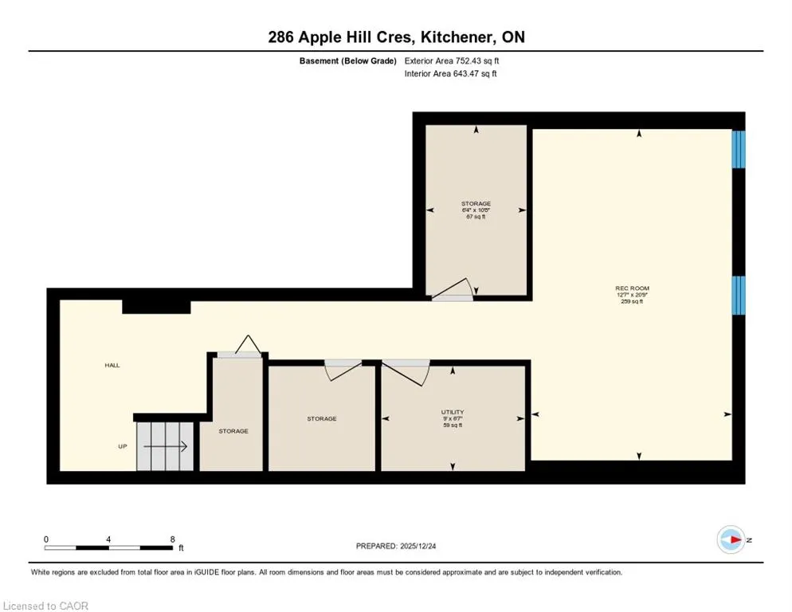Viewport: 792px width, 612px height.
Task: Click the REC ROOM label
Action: (x=632, y=288)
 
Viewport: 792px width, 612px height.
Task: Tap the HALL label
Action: (x=112, y=366)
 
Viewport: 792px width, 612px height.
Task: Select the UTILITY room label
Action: (x=453, y=412)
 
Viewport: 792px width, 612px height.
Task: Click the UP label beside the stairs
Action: (x=123, y=447)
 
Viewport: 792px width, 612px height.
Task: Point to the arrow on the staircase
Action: (x=165, y=447)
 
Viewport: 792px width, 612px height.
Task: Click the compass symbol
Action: (x=731, y=539)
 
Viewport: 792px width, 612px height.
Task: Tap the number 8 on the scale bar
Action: (x=173, y=539)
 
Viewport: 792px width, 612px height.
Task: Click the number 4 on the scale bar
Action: (x=108, y=539)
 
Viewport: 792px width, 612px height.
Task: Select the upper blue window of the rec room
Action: (x=739, y=150)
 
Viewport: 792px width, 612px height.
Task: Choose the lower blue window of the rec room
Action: (x=739, y=295)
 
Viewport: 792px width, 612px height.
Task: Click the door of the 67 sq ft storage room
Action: (x=453, y=291)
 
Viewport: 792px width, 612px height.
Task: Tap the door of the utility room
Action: (x=406, y=372)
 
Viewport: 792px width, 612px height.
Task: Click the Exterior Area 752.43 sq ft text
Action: (x=452, y=61)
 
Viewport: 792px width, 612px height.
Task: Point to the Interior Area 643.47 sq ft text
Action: (x=450, y=74)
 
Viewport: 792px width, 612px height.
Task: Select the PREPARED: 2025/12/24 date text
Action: (x=396, y=547)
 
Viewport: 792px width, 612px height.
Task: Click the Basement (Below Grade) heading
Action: (x=348, y=61)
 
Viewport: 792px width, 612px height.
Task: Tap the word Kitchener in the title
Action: (x=457, y=37)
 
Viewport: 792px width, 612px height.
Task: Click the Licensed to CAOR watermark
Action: (x=45, y=606)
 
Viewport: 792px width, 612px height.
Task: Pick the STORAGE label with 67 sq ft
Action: (x=476, y=204)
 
